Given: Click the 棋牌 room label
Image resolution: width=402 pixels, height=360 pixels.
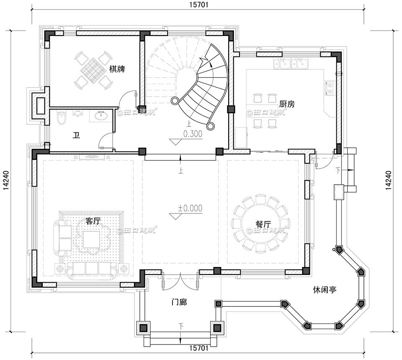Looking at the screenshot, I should point(117,69).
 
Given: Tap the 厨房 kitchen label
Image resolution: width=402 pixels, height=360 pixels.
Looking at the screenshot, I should point(287,104).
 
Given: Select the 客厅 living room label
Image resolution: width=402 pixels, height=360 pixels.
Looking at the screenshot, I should point(93,221).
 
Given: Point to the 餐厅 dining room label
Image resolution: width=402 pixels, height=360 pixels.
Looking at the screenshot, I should point(263,224).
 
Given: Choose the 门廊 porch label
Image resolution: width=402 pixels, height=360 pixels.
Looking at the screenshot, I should point(179,301).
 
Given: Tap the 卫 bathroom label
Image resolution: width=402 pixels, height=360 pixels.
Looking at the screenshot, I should point(76,135).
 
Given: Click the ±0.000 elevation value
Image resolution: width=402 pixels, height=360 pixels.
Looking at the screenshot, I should point(190,208).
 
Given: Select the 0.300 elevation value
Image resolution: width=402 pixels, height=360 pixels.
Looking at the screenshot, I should point(193,134).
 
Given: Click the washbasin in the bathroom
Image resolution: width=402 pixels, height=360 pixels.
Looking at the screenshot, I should point(101,116).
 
